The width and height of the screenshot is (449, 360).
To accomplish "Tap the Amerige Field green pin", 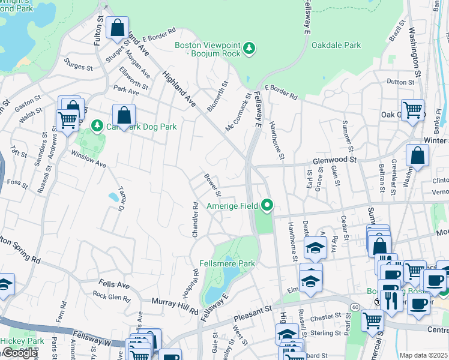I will click(267, 206).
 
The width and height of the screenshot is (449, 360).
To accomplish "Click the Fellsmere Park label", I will click(228, 263).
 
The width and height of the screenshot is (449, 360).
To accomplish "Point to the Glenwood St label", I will click(334, 160).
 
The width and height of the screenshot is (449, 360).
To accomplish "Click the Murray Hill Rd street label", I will click(175, 306).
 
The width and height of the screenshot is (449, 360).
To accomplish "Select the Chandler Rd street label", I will click(195, 219).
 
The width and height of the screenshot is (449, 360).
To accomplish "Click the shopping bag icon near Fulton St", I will click(117, 28).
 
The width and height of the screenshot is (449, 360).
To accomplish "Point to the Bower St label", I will click(212, 185).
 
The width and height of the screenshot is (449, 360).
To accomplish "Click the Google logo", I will click(19, 353).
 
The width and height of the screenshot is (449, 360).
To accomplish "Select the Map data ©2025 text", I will click(423, 355).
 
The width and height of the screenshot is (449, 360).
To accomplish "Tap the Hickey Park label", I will click(22, 341).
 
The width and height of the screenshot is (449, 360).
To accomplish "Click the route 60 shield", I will click(356, 307).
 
